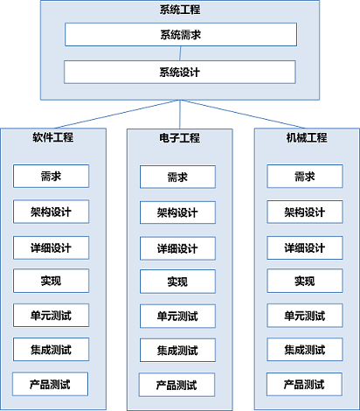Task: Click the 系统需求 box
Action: coord(181,35)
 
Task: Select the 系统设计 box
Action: coord(180,72)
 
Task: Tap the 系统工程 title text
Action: coord(180,10)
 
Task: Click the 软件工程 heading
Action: coord(53,137)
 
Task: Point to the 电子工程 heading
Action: coord(179,138)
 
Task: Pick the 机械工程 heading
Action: coord(307,137)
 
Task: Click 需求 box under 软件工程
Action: coord(51,176)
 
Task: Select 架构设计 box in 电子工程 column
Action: coord(177,212)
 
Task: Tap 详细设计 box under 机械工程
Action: coord(305,248)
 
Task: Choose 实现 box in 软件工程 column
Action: coord(51,281)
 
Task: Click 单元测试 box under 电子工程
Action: coord(177,317)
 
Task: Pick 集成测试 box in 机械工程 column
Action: coord(305,350)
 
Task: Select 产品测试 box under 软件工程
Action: coord(50,384)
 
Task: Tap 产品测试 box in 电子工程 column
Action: coord(177,385)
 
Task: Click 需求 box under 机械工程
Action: coord(305,177)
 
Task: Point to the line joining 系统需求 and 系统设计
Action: coord(180,53)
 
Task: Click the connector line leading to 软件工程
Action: coord(117,114)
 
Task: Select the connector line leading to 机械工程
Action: coord(243,114)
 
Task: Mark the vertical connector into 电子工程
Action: coord(180,115)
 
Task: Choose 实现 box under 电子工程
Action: coord(177,282)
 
